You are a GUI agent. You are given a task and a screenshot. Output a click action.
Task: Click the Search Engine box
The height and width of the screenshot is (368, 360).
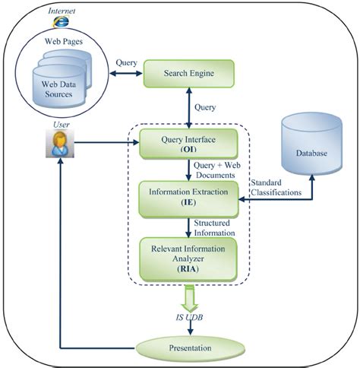[188, 75]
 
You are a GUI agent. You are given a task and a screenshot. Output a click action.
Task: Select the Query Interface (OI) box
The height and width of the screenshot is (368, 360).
[188, 143]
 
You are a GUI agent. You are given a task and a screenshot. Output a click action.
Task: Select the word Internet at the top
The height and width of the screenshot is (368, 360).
[61, 11]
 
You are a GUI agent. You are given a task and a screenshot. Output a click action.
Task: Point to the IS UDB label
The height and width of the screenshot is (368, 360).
[188, 317]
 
